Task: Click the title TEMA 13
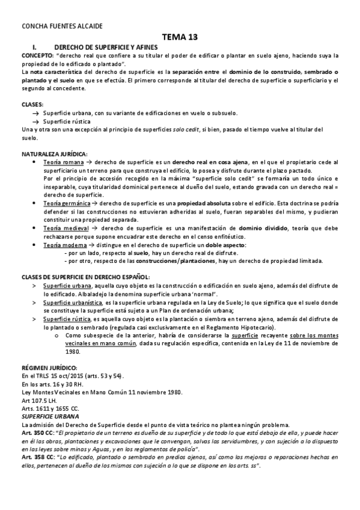[180, 37]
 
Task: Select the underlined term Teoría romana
[63, 162]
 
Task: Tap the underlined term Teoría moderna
[65, 245]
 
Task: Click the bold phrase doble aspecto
[220, 245]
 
